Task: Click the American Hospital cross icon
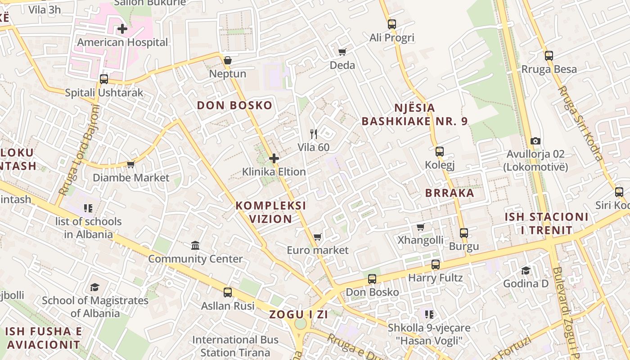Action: pyautogui.click(x=122, y=29)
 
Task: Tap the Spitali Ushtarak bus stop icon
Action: pyautogui.click(x=104, y=79)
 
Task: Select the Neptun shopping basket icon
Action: pyautogui.click(x=228, y=60)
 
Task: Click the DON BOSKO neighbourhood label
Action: pyautogui.click(x=234, y=106)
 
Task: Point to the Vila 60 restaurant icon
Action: pyautogui.click(x=314, y=134)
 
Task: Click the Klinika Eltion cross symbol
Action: pyautogui.click(x=274, y=158)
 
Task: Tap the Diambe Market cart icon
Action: pyautogui.click(x=130, y=165)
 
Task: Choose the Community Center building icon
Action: pyautogui.click(x=195, y=245)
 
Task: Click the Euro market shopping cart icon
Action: pyautogui.click(x=317, y=237)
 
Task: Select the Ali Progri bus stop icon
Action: pyautogui.click(x=392, y=24)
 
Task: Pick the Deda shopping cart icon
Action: pyautogui.click(x=342, y=52)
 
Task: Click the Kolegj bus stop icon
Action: pyautogui.click(x=440, y=152)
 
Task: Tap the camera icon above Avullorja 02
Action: pyautogui.click(x=535, y=141)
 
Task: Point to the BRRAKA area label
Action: pyautogui.click(x=450, y=193)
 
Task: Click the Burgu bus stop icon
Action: pyautogui.click(x=464, y=233)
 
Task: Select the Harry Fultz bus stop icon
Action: pyautogui.click(x=435, y=265)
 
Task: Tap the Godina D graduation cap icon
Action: pyautogui.click(x=526, y=270)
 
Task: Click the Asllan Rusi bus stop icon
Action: pyautogui.click(x=228, y=292)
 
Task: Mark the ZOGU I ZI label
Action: pyautogui.click(x=298, y=315)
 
